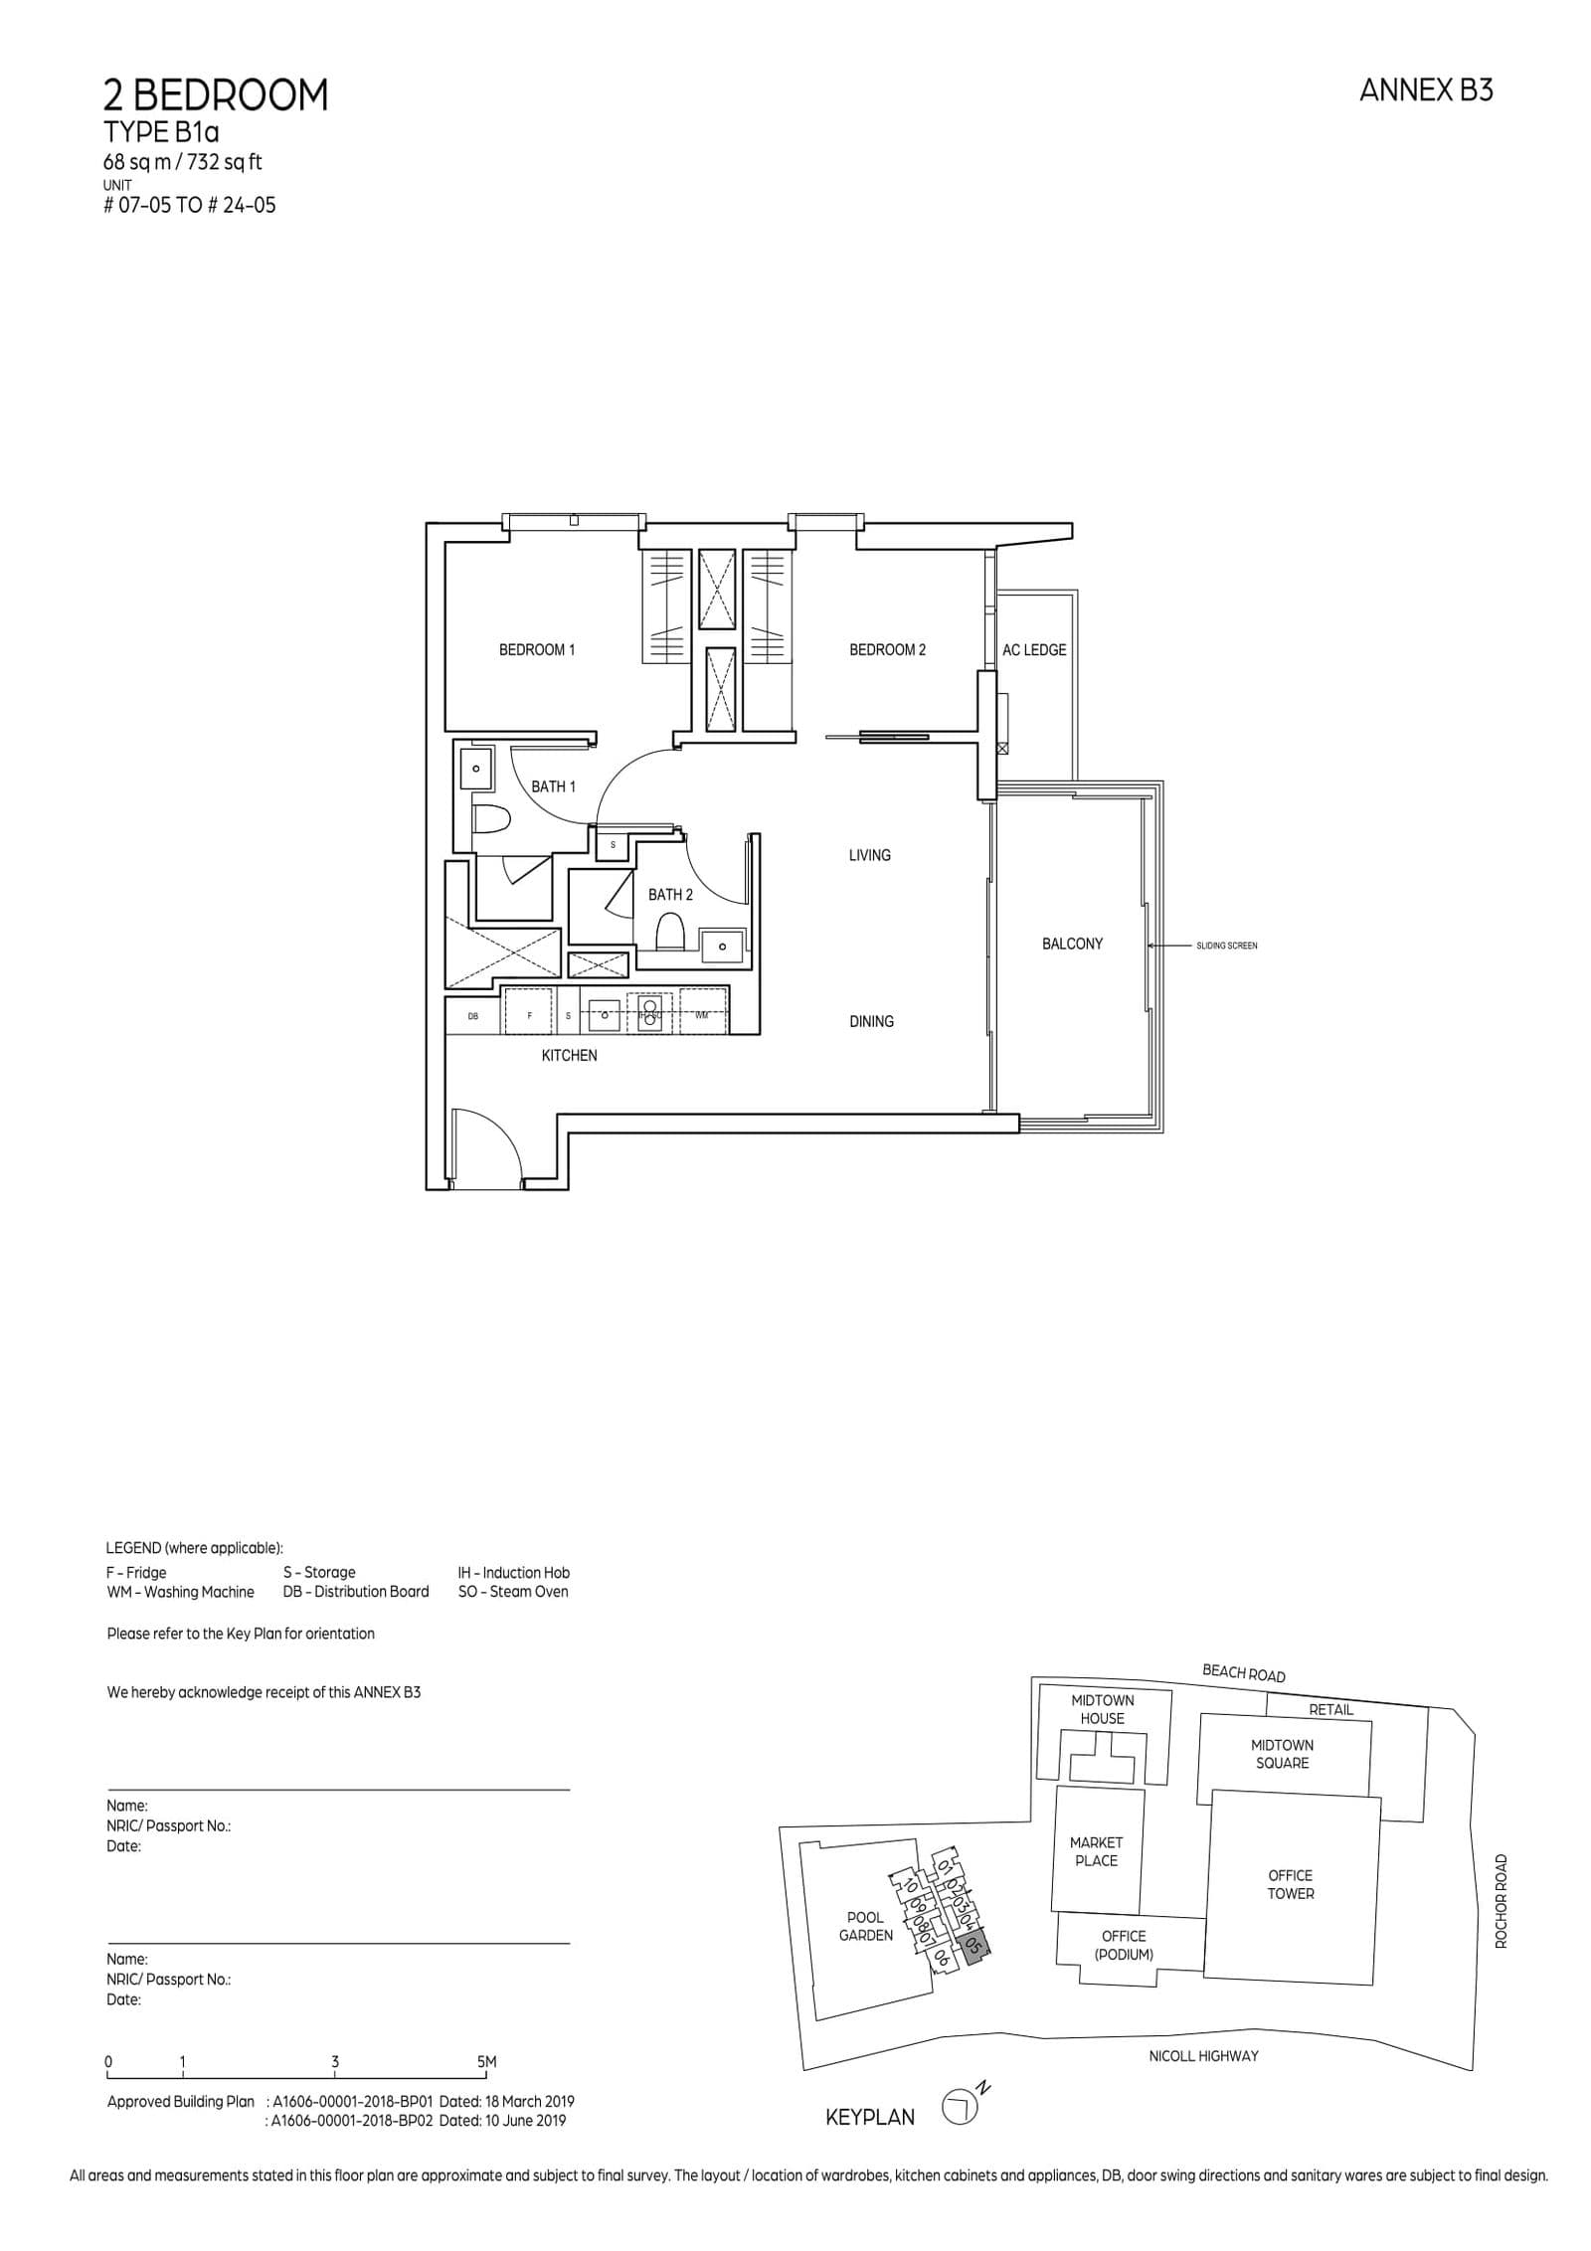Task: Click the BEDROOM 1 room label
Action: point(536,650)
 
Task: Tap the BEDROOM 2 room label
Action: point(887,650)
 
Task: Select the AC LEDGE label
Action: point(1033,650)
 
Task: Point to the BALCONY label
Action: point(1072,944)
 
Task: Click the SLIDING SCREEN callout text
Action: point(1227,946)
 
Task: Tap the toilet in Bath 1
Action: point(491,818)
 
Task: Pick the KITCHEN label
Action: point(569,1055)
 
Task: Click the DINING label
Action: point(871,1021)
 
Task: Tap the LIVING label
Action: point(869,855)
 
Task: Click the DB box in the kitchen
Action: point(473,1016)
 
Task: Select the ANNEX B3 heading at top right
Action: point(1426,91)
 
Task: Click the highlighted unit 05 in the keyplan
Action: point(974,1946)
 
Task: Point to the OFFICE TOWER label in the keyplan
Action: point(1290,1884)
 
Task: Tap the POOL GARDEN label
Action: point(865,1926)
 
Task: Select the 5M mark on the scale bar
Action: point(486,2062)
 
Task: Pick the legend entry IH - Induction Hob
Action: point(513,1573)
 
